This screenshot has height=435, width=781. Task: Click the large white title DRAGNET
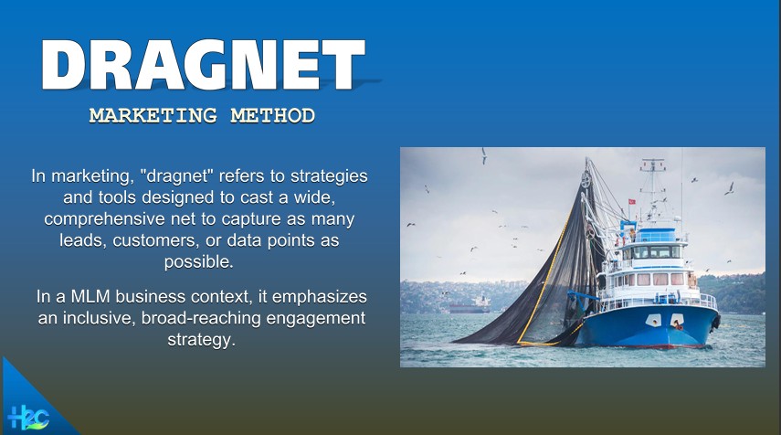(203, 65)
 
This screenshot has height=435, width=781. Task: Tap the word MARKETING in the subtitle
(153, 115)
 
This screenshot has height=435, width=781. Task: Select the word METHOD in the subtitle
(272, 115)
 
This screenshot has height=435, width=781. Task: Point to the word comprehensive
(105, 219)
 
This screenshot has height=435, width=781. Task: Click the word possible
(199, 262)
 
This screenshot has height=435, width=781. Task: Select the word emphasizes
(320, 297)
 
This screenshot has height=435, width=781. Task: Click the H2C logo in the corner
(28, 418)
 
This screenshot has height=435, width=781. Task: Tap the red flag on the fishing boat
(631, 201)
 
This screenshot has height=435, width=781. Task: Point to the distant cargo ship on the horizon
(470, 306)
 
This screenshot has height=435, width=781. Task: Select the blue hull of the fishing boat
(649, 326)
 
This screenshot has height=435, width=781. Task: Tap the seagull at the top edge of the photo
(483, 155)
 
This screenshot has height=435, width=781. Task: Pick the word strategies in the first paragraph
(329, 176)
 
